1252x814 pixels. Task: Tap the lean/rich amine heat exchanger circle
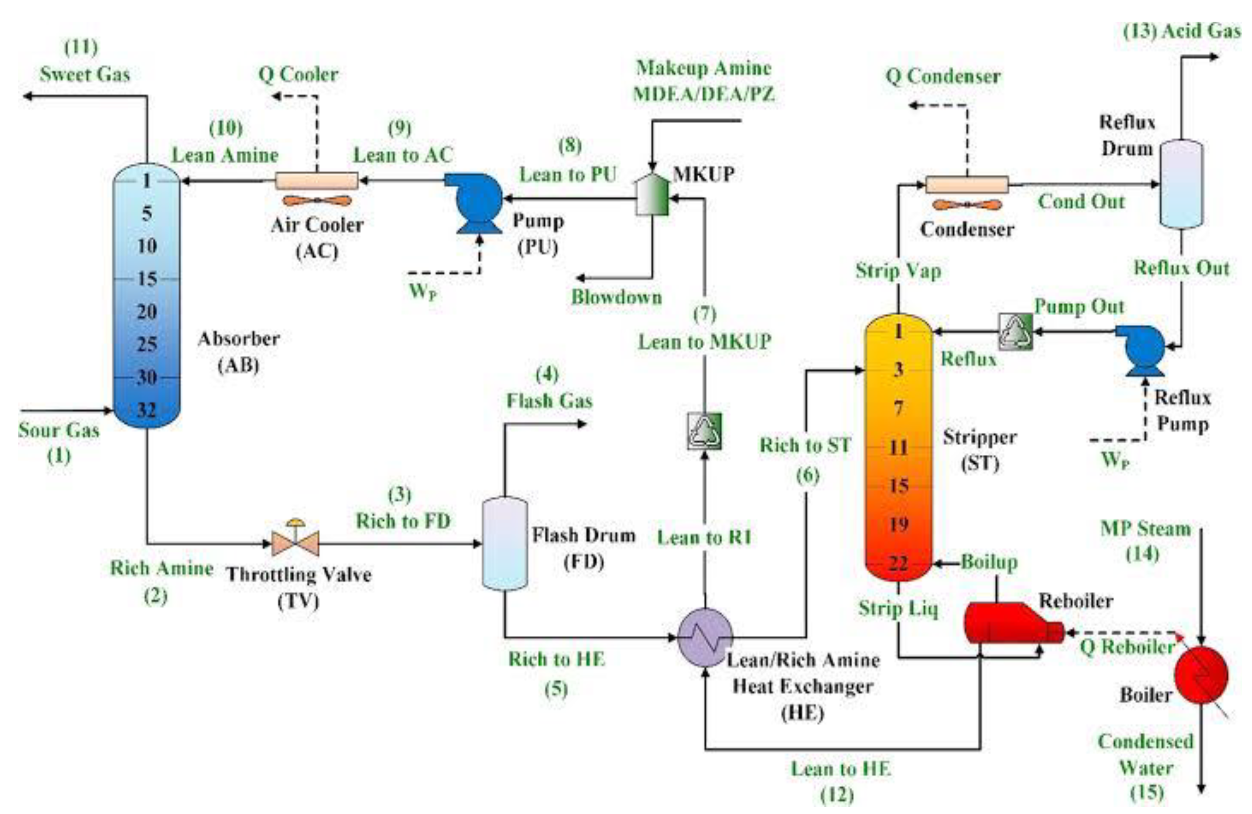[704, 637]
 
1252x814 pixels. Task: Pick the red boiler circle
[1201, 675]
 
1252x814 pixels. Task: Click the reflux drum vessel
[1181, 184]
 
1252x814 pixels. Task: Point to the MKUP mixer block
[652, 195]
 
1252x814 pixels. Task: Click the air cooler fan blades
[317, 201]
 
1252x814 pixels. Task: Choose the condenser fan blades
[967, 205]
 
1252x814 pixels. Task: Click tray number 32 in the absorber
[147, 409]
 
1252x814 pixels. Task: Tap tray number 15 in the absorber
[147, 278]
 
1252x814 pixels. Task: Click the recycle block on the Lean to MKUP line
[704, 431]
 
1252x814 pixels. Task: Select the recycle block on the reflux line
[1015, 332]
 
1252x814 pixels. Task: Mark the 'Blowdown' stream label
[617, 297]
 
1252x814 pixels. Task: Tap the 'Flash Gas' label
[549, 401]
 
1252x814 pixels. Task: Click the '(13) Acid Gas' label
[1181, 31]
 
